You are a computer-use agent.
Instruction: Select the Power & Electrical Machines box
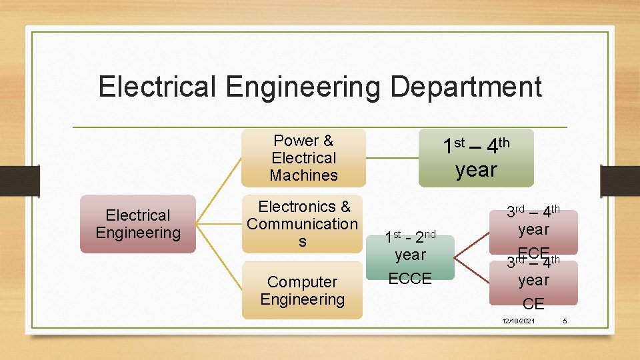(303, 158)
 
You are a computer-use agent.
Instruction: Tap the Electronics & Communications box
(303, 224)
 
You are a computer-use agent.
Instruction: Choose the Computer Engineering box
(303, 291)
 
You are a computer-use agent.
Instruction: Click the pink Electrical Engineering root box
(138, 224)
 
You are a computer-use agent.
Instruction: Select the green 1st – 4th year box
(476, 158)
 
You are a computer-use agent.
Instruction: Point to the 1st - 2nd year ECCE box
(410, 257)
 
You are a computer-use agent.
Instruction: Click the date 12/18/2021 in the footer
(518, 321)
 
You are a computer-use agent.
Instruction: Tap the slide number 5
(565, 321)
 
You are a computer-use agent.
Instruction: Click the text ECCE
(410, 279)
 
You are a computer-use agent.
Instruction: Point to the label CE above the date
(533, 305)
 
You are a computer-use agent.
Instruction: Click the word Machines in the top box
(303, 175)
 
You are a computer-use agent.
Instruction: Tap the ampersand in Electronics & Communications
(345, 207)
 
